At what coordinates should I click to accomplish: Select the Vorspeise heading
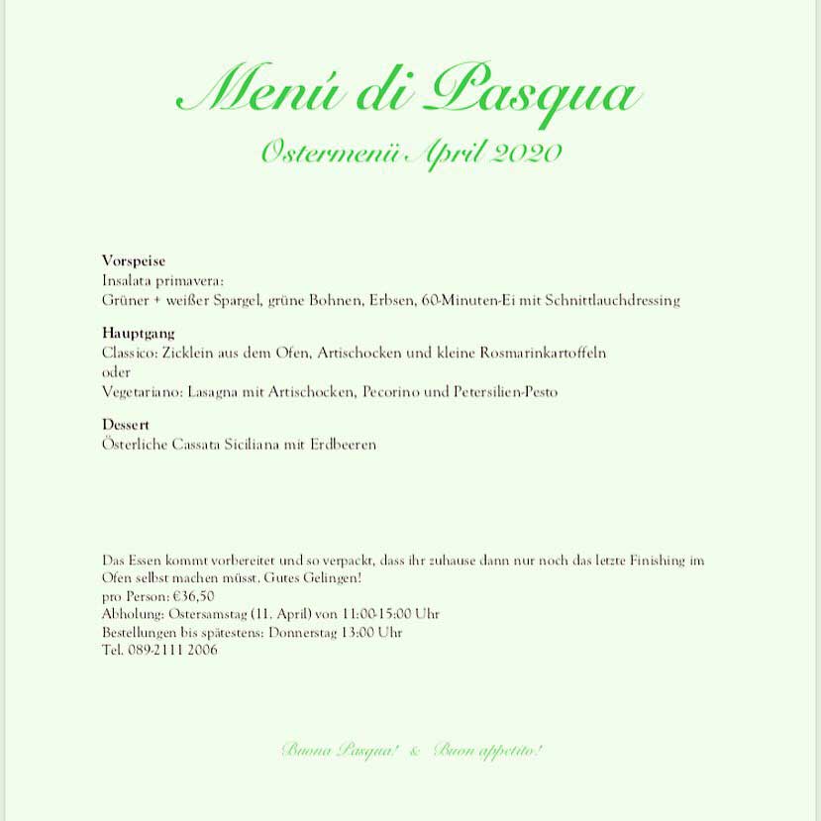click(x=134, y=260)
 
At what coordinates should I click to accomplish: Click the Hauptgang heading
click(x=138, y=334)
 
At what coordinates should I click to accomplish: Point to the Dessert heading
click(x=126, y=425)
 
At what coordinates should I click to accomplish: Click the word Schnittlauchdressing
click(x=612, y=299)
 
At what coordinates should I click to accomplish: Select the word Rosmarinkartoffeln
click(x=544, y=353)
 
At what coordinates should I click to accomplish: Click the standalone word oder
click(x=116, y=372)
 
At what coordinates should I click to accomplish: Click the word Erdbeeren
click(x=343, y=445)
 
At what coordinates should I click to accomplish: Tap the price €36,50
click(x=193, y=596)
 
